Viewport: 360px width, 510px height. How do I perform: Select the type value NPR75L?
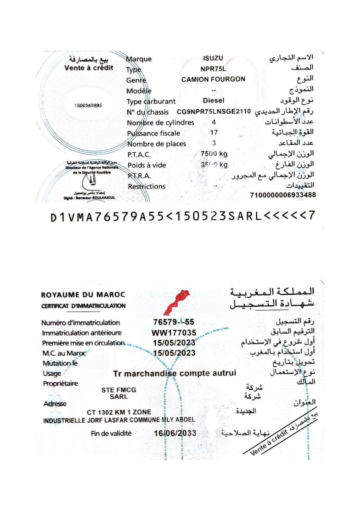[213, 69]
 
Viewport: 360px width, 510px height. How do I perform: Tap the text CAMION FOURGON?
[213, 79]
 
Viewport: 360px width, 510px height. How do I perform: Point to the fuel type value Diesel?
[213, 100]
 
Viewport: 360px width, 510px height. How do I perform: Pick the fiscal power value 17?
[214, 133]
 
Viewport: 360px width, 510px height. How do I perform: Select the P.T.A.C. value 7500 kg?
[214, 154]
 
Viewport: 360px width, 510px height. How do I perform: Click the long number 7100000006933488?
[283, 195]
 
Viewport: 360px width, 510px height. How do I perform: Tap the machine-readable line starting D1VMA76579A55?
[182, 216]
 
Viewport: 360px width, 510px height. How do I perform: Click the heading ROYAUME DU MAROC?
[83, 295]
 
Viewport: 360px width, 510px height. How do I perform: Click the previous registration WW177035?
[174, 332]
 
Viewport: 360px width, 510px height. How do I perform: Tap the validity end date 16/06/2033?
[175, 433]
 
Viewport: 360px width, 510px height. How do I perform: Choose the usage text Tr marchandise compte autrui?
[175, 373]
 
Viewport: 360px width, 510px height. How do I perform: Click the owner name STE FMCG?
[119, 390]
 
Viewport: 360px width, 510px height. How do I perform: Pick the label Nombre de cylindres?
[160, 122]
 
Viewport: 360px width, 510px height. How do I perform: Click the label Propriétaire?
[60, 384]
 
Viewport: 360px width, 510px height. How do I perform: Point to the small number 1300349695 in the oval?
[88, 105]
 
